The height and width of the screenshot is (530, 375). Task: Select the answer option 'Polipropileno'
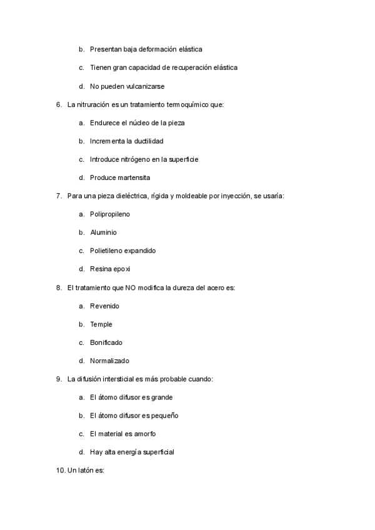coord(110,214)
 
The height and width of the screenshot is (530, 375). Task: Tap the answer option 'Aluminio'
coord(103,232)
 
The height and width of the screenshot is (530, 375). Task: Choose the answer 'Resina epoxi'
coord(110,269)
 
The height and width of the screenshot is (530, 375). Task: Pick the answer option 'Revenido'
coord(104,306)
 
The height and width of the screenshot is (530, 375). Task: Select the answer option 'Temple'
coord(101,324)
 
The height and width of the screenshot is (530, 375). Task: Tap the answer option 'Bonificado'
coord(106,342)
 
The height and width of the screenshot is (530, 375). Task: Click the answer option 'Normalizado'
coord(109,361)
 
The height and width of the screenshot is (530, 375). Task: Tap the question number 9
coord(59,379)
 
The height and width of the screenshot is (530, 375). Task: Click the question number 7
coord(59,196)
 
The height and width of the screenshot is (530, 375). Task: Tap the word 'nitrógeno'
coord(143,159)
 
